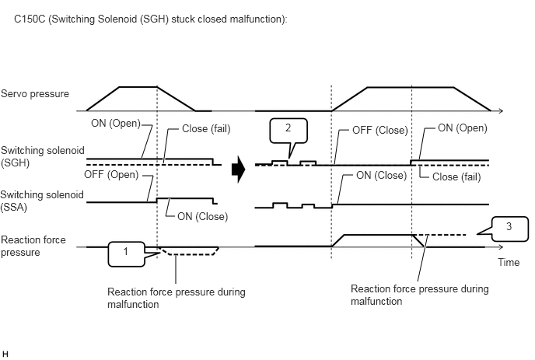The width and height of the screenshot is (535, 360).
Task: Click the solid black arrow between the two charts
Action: (239, 170)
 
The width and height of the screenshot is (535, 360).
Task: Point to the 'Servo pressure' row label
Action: (35, 93)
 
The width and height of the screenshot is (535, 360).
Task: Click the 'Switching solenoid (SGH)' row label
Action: (42, 156)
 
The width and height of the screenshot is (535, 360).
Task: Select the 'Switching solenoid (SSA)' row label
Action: (42, 201)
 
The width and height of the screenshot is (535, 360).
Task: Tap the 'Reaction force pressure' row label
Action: (33, 246)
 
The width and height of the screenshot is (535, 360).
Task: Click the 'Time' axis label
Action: (509, 262)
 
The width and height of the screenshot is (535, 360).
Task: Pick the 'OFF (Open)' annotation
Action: (111, 175)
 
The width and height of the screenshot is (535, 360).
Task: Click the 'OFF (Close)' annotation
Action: (380, 130)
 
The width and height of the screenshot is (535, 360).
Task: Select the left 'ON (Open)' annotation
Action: (116, 123)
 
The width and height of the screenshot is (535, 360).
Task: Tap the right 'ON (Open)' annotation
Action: (463, 128)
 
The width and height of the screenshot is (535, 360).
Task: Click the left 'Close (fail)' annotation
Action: (206, 128)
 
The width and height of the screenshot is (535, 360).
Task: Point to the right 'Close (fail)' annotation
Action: (456, 177)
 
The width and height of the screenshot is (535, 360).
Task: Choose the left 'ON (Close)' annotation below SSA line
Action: (203, 216)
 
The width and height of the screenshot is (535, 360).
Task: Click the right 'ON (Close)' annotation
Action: (382, 176)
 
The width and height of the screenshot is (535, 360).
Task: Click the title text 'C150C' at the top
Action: (30, 19)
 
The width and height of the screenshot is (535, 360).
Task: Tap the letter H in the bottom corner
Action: (5, 354)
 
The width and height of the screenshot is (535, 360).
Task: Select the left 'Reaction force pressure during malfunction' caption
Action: (176, 298)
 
